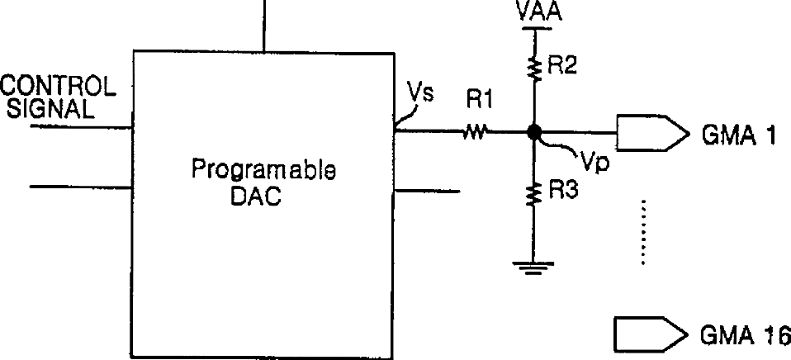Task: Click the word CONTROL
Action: (56, 86)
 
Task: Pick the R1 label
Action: (480, 101)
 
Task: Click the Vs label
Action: (421, 92)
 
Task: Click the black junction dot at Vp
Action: (534, 131)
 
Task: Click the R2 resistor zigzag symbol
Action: (534, 69)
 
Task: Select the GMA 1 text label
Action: (739, 135)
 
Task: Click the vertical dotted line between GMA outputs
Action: (642, 233)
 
